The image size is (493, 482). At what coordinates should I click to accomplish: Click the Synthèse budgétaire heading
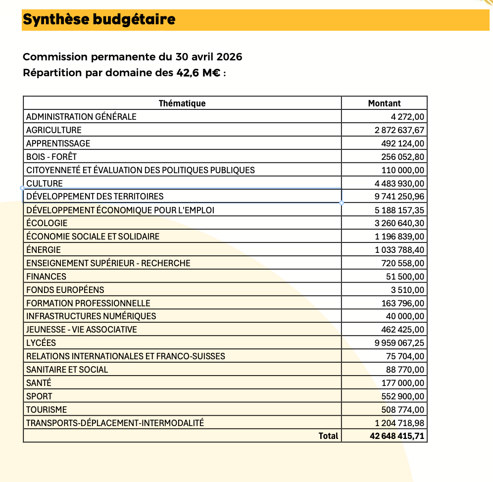[99, 20]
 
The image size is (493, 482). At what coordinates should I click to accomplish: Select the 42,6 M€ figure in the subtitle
[198, 73]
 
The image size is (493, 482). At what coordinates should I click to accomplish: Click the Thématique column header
[182, 103]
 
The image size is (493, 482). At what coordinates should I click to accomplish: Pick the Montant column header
[384, 103]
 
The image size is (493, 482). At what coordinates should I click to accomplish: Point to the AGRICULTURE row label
[53, 130]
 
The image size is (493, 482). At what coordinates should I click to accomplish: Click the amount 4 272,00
[407, 117]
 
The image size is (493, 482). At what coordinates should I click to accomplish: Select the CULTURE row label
[45, 184]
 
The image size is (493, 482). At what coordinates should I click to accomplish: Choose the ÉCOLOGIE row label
[47, 223]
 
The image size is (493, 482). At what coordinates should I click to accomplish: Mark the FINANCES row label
[46, 277]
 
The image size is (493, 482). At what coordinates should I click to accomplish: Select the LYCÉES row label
[41, 343]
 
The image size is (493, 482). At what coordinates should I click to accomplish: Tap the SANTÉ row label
[39, 383]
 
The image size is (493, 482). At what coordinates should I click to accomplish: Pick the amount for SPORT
[403, 396]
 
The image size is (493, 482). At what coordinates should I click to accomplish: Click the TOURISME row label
[47, 410]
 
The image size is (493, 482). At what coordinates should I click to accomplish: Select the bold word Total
[329, 436]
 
